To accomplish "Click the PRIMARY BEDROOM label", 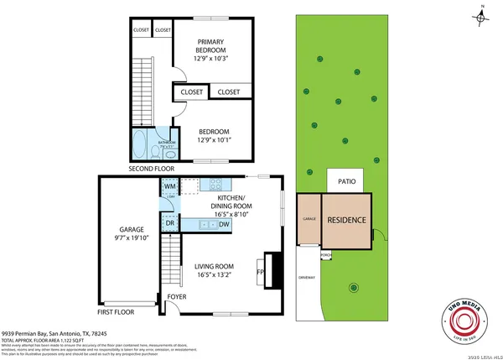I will click(212, 50).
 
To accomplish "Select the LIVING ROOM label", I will click(212, 269).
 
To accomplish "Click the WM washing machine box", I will click(168, 185).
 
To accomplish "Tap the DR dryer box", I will click(169, 223).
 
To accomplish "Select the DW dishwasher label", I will click(225, 224).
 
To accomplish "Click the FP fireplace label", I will click(260, 272).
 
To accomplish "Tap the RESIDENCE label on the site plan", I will click(346, 221).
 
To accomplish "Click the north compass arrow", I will click(482, 15).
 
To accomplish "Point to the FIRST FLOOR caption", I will click(117, 311).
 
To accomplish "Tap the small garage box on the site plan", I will click(308, 219).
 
